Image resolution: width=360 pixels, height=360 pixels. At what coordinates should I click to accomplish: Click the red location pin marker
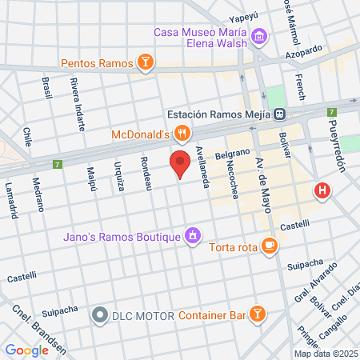tap(181, 163)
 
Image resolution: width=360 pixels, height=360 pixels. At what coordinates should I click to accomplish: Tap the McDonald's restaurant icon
tap(183, 133)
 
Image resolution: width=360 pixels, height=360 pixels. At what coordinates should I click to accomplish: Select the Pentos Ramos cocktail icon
tap(145, 62)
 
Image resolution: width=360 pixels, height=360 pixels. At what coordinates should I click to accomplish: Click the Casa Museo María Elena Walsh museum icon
tap(258, 37)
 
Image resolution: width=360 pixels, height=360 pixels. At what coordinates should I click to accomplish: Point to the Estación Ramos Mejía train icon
tap(279, 113)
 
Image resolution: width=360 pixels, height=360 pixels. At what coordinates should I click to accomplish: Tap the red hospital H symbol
tap(322, 190)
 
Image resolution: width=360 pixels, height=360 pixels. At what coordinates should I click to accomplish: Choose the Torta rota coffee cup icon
tap(270, 246)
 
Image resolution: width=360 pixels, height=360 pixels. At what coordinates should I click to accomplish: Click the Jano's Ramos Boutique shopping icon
tap(192, 235)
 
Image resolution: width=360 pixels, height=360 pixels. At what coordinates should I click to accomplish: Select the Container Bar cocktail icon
tap(258, 314)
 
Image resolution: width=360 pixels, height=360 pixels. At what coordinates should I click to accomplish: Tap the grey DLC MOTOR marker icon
tap(99, 315)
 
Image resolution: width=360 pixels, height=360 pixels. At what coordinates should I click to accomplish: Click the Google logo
tap(26, 350)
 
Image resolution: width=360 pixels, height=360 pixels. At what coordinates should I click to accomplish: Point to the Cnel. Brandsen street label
tap(33, 326)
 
